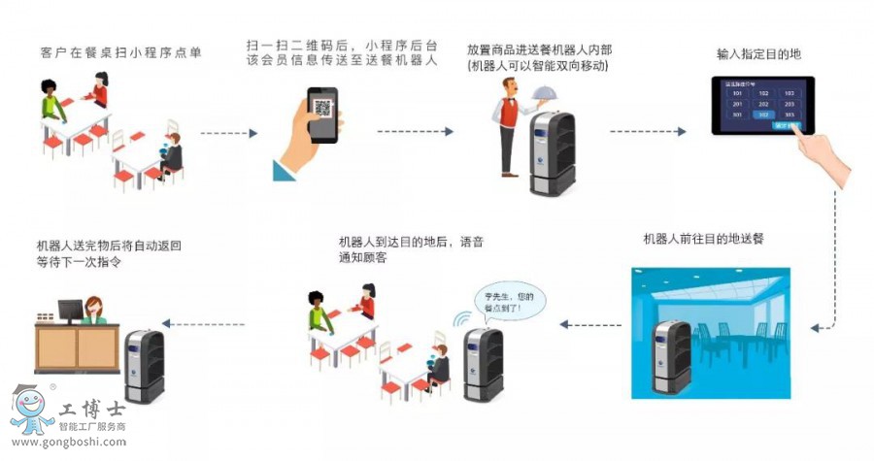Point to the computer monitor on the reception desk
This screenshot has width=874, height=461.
(70, 311)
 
